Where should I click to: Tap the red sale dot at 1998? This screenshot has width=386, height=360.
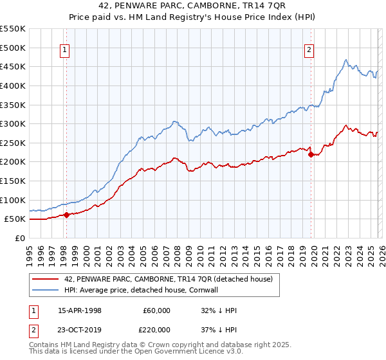66,215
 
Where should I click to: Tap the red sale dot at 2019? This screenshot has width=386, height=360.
311,154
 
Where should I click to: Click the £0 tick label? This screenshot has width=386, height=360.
19,238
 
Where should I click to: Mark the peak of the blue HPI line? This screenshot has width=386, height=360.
346,60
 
